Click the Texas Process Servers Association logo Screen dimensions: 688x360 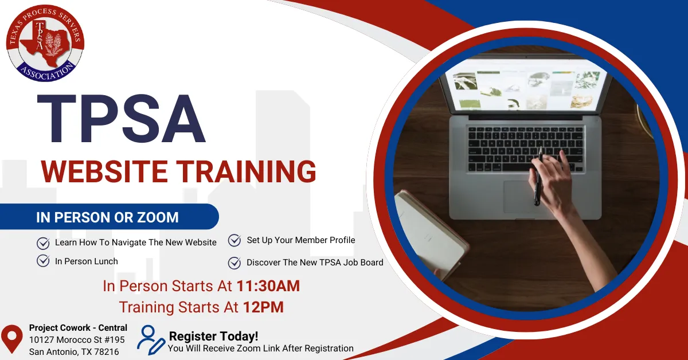pos(45,43)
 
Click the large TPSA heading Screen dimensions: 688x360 pos(122,119)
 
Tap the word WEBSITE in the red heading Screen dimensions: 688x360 pos(104,171)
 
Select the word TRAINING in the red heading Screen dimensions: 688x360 pos(247,171)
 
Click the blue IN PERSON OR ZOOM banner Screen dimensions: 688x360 pos(109,217)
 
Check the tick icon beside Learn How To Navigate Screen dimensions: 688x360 pos(43,243)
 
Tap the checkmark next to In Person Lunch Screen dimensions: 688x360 pos(43,261)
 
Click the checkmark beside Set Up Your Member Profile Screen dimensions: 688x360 pos(234,240)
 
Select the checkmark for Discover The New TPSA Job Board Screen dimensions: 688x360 pos(234,263)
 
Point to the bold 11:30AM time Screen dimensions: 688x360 pos(268,286)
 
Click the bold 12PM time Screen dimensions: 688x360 pos(263,307)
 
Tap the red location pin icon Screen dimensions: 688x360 pos(11,338)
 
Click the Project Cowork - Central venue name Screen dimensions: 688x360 pos(78,328)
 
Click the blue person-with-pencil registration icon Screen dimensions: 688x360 pos(151,340)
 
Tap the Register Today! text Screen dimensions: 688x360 pos(213,336)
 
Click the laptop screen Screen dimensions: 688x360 pos(526,87)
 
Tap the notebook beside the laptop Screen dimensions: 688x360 pos(430,233)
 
